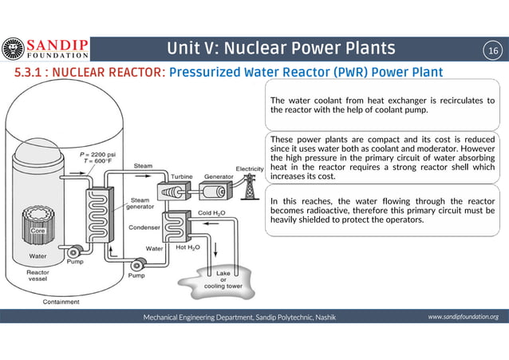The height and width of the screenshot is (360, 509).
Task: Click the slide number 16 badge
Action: click(x=492, y=50)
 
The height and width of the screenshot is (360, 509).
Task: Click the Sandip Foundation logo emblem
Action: click(x=13, y=49)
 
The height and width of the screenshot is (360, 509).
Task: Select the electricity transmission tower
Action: click(x=250, y=188)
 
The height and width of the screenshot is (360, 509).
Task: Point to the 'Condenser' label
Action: click(x=144, y=227)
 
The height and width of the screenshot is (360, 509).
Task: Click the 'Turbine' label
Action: click(x=180, y=175)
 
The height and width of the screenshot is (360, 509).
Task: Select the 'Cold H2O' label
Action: click(x=211, y=213)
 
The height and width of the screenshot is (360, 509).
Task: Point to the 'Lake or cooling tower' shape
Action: click(x=223, y=280)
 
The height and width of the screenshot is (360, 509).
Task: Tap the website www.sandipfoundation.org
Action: click(x=463, y=317)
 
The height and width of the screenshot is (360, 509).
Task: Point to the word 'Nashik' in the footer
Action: click(x=322, y=317)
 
